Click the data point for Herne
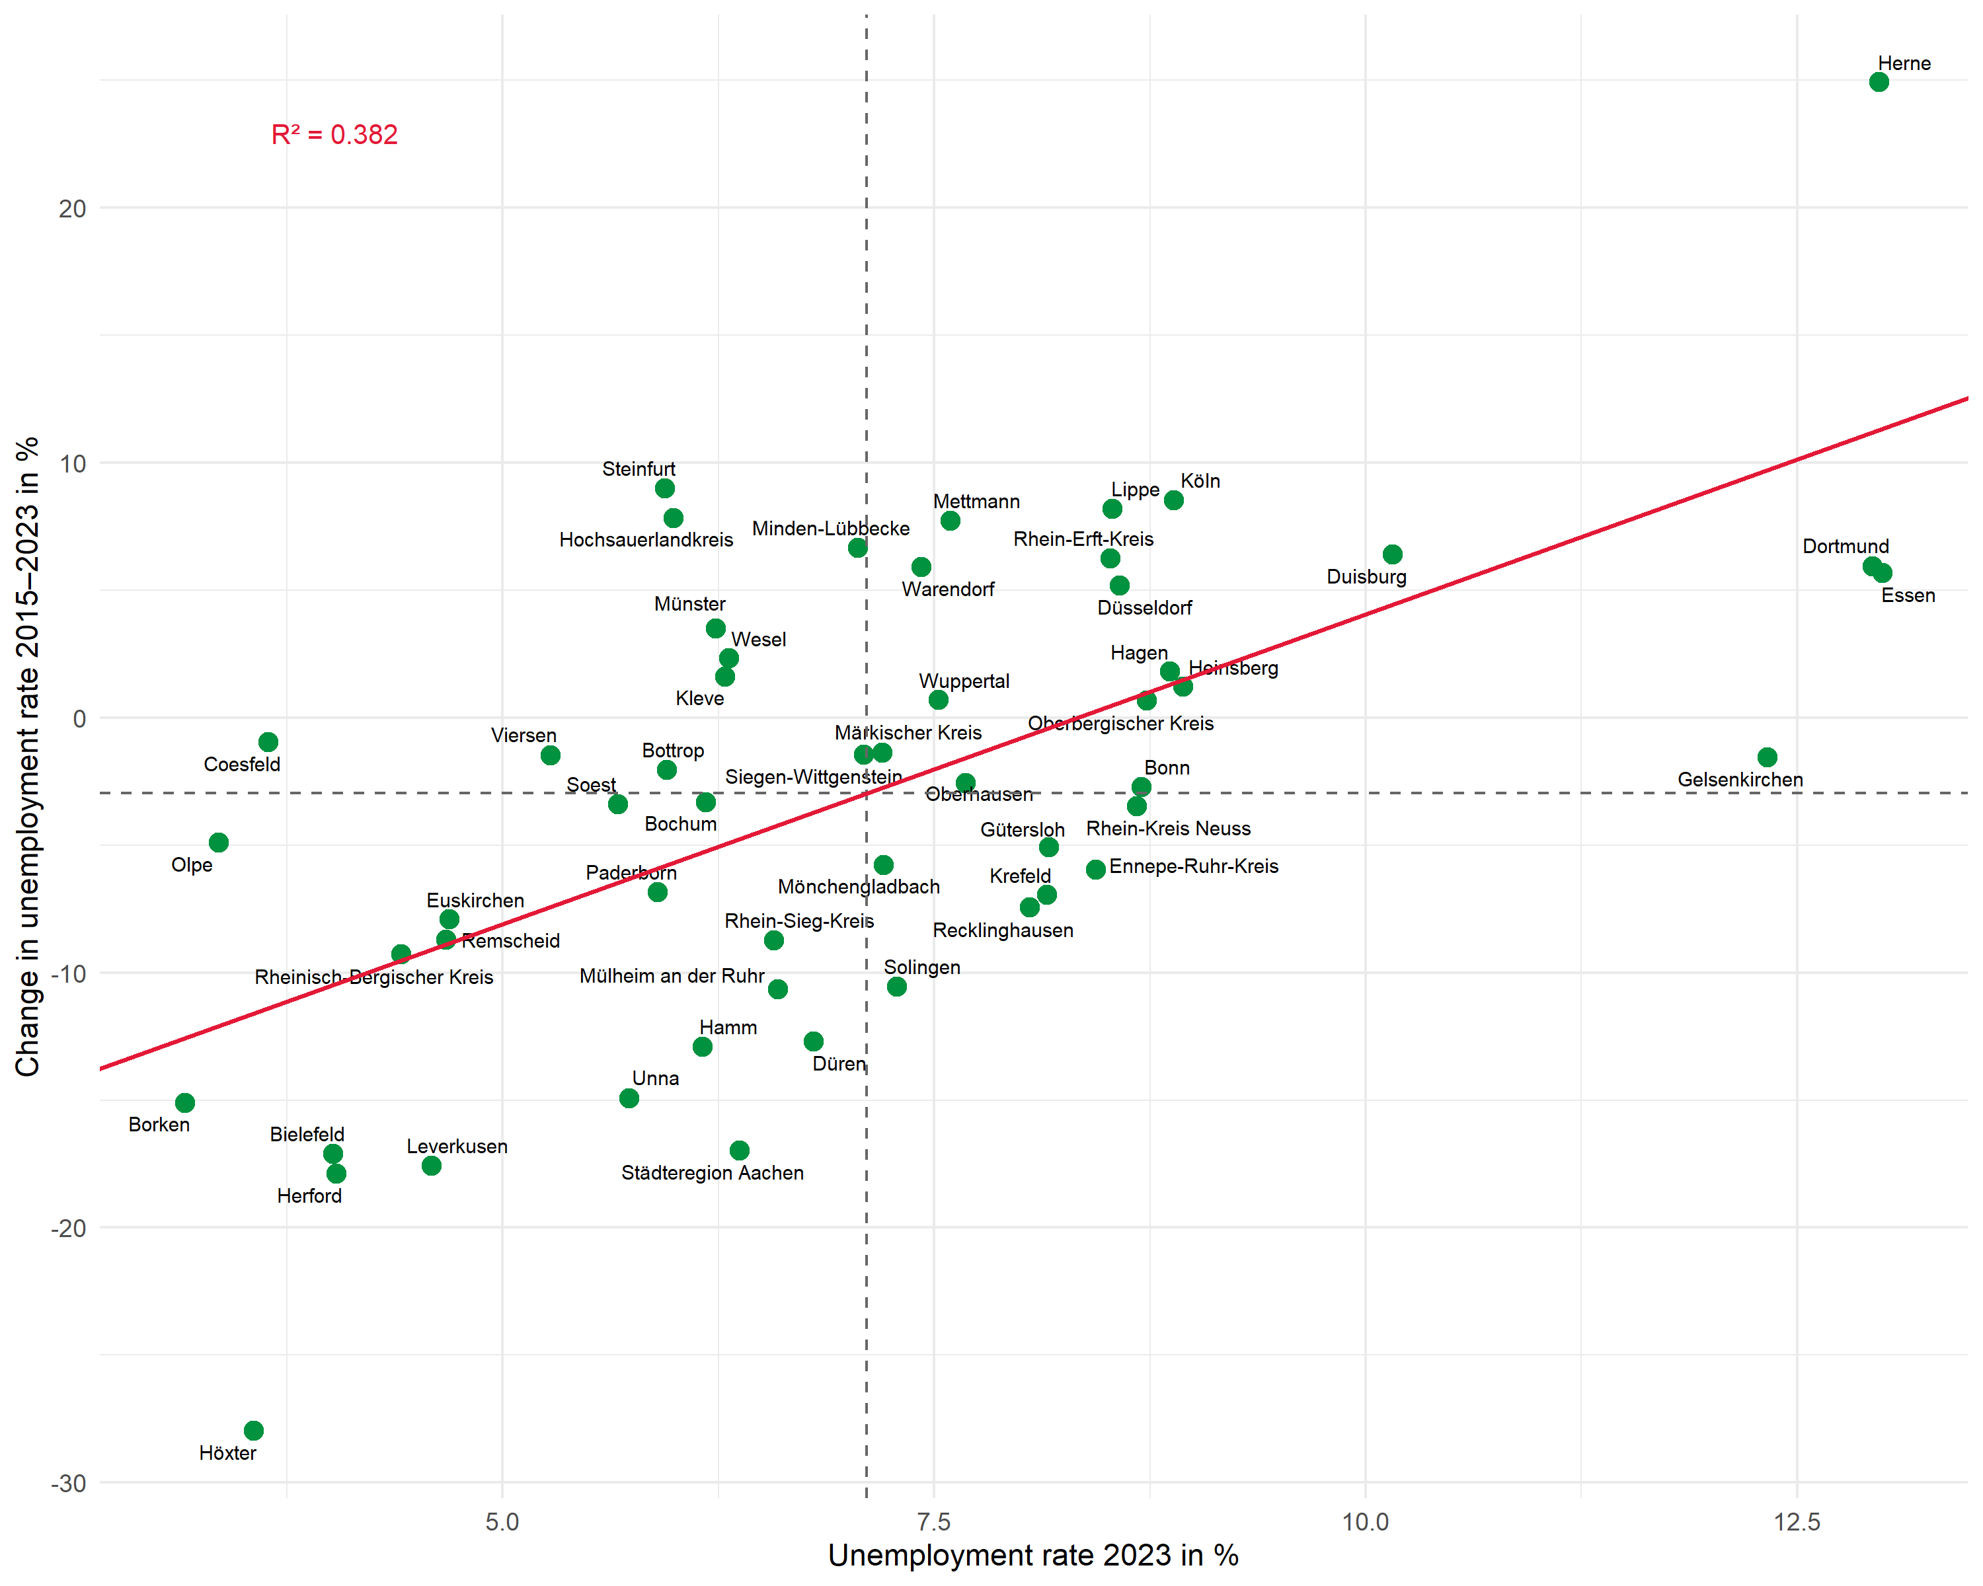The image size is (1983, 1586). [x=1878, y=82]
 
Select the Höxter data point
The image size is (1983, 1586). [x=254, y=1429]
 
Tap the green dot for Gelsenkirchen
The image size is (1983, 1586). [x=1767, y=757]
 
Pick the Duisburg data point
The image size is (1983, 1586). [x=1393, y=554]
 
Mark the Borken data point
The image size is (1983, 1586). [x=185, y=1102]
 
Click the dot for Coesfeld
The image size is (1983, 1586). [x=268, y=741]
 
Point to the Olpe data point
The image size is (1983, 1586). [x=218, y=842]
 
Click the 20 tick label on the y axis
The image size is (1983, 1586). [x=72, y=209]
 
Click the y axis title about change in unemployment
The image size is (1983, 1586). [x=28, y=756]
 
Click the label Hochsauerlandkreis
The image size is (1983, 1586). [x=646, y=540]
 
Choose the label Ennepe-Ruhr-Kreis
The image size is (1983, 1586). [x=1193, y=866]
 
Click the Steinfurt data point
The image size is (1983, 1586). [x=665, y=488]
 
